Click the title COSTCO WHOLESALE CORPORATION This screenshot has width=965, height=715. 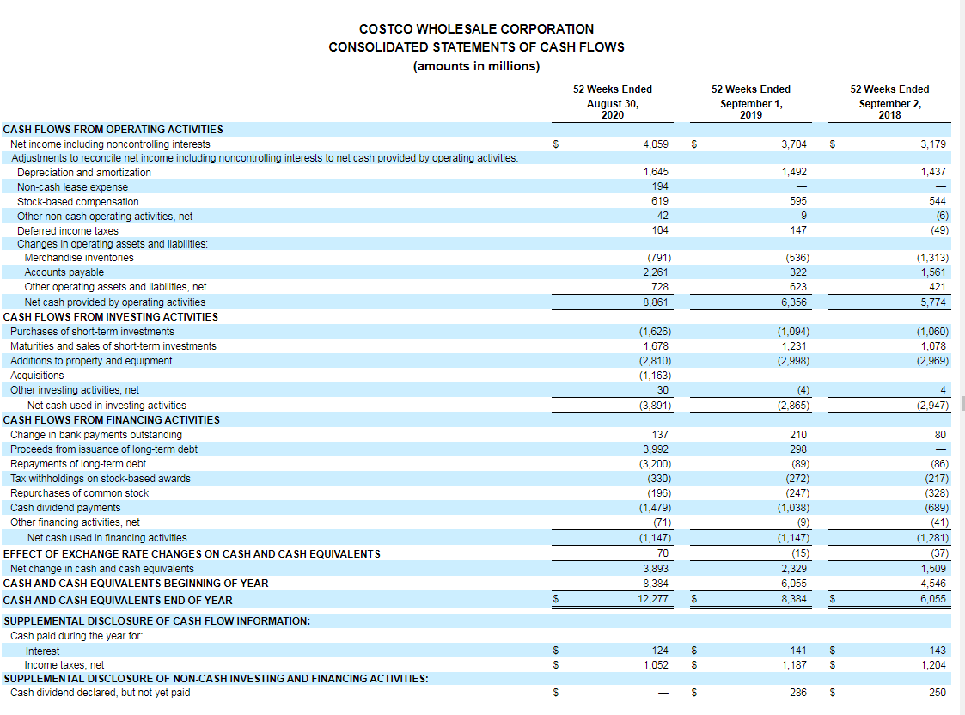pyautogui.click(x=476, y=29)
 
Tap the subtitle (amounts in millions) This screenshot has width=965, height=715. pyautogui.click(x=476, y=66)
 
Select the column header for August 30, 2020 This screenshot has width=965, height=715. pyautogui.click(x=612, y=101)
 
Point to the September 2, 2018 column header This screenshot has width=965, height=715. pyautogui.click(x=889, y=101)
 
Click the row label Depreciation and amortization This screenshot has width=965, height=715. pyautogui.click(x=84, y=173)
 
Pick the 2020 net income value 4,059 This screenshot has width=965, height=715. pyautogui.click(x=656, y=144)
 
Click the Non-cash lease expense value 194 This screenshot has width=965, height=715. pyautogui.click(x=660, y=187)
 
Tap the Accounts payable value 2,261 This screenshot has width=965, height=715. pyautogui.click(x=656, y=272)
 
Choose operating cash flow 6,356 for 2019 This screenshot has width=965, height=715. pyautogui.click(x=793, y=302)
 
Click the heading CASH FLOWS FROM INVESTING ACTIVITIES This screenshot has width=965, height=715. pyautogui.click(x=111, y=317)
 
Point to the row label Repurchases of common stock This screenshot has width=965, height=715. pyautogui.click(x=79, y=493)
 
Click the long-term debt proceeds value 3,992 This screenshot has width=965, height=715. pyautogui.click(x=657, y=449)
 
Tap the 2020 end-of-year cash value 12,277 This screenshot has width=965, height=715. pyautogui.click(x=654, y=599)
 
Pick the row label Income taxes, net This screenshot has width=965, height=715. pyautogui.click(x=64, y=665)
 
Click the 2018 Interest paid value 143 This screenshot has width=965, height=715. pyautogui.click(x=937, y=651)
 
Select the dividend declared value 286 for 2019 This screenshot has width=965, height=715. pyautogui.click(x=797, y=693)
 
